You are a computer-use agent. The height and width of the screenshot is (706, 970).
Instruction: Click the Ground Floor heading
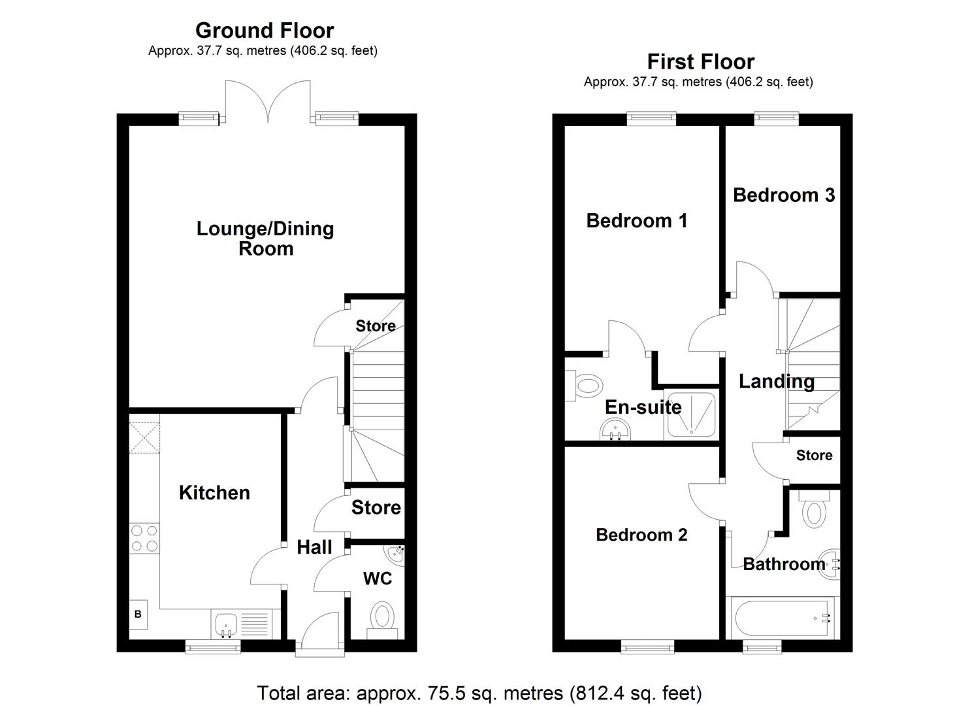(x=265, y=31)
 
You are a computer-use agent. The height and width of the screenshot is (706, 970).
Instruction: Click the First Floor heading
(x=700, y=61)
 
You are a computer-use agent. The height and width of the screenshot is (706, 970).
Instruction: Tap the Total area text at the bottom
(x=479, y=693)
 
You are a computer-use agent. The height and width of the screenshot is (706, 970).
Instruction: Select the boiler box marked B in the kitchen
(x=138, y=614)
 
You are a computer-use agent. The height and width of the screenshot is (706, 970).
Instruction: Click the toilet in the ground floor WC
(x=382, y=618)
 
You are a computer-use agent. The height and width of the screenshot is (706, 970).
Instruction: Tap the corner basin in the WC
(x=396, y=555)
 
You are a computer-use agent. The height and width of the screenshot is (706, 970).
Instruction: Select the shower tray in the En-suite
(x=690, y=414)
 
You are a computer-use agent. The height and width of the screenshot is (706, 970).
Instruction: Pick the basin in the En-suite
(x=615, y=431)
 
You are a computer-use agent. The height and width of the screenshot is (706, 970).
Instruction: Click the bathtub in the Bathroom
(x=781, y=617)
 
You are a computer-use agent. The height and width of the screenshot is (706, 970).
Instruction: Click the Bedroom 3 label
(x=783, y=195)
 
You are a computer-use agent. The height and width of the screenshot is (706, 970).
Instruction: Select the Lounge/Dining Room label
(x=265, y=239)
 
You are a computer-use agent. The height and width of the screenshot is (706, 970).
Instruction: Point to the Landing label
(x=776, y=381)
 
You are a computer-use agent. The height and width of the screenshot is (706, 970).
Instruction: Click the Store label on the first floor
(x=814, y=455)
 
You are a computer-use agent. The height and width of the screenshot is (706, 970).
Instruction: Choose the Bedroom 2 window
(x=647, y=647)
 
